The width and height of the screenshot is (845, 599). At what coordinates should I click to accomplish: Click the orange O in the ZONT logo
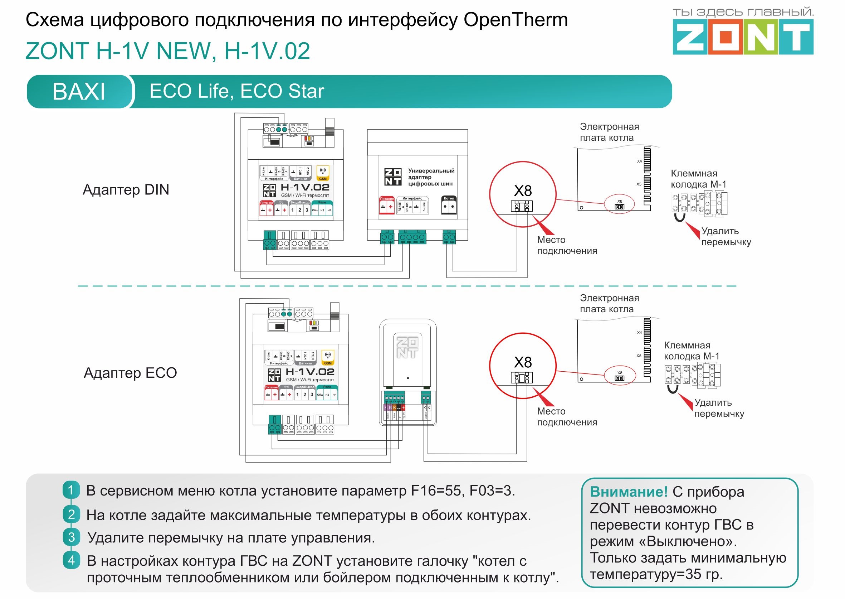tap(725, 37)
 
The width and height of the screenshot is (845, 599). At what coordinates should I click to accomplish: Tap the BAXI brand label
tap(79, 91)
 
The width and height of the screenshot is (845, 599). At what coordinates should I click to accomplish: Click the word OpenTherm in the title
tap(516, 20)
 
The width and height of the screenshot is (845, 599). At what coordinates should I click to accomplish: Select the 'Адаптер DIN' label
tap(126, 190)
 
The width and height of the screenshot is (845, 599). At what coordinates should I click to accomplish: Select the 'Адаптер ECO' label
tap(130, 373)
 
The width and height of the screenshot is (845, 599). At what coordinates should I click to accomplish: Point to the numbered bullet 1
tap(71, 490)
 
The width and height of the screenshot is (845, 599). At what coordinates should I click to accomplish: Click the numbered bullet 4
tap(71, 560)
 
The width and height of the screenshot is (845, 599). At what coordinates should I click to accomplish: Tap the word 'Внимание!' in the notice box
tap(629, 492)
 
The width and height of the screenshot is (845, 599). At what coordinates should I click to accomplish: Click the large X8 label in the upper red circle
tap(523, 191)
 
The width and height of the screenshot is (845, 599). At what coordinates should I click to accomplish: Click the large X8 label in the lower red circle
tap(523, 362)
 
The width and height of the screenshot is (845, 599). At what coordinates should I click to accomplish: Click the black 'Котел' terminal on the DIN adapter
tap(449, 206)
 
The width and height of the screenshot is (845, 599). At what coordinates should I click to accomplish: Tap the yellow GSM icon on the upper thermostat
tap(323, 173)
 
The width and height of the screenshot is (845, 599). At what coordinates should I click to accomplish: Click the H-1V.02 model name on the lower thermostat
tap(310, 371)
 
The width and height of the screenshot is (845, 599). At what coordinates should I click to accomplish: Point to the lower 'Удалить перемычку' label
tap(719, 408)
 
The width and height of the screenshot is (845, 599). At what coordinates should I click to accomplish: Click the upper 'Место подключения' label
tap(567, 245)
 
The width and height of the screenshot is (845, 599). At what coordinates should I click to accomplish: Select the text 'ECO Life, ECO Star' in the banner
tap(236, 91)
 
